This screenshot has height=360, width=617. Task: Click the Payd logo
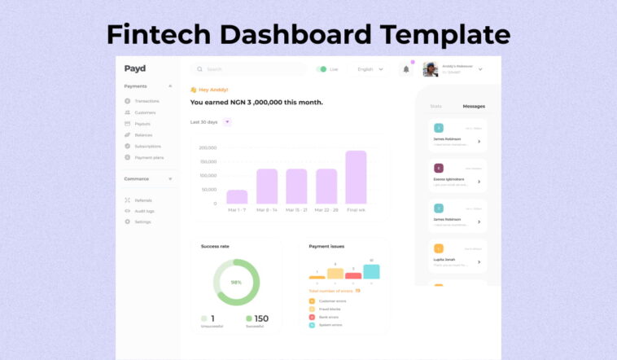[x=135, y=68]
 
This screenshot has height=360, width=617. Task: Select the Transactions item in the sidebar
[x=147, y=101]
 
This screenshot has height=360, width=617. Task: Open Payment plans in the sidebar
[x=149, y=157]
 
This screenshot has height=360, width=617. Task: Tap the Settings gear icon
[x=127, y=222]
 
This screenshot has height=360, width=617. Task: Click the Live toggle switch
[x=322, y=69]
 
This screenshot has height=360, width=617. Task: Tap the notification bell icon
[x=406, y=69]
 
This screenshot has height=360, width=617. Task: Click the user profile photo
[x=431, y=69]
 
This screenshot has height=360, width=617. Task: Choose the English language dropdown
[x=370, y=69]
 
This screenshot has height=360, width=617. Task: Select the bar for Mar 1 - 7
[x=237, y=196]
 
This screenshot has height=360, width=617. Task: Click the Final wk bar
[x=356, y=177]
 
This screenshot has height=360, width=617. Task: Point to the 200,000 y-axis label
[x=208, y=148]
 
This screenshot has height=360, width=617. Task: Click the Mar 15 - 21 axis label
[x=296, y=210]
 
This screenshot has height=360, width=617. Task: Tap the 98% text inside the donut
[x=236, y=282]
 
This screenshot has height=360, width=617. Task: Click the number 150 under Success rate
[x=261, y=318]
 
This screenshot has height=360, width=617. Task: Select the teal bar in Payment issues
[x=371, y=271]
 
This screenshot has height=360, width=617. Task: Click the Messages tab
[x=474, y=107]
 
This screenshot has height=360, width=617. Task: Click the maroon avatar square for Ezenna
[x=439, y=169]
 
